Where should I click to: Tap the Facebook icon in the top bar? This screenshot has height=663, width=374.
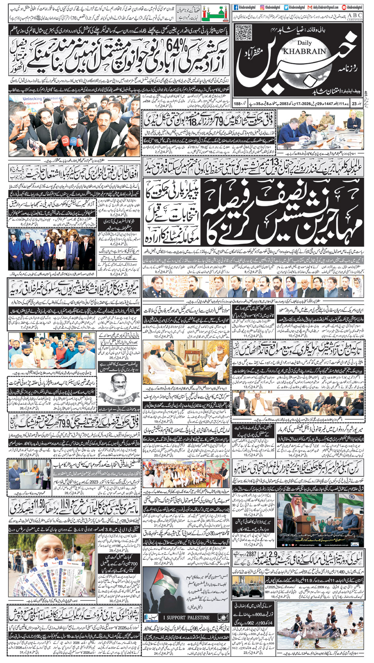pos(236,7)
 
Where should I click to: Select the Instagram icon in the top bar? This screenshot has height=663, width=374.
pos(261,7)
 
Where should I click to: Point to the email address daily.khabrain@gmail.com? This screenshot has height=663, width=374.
pos(325,7)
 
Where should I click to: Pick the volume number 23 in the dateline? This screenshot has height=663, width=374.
pos(354,104)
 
